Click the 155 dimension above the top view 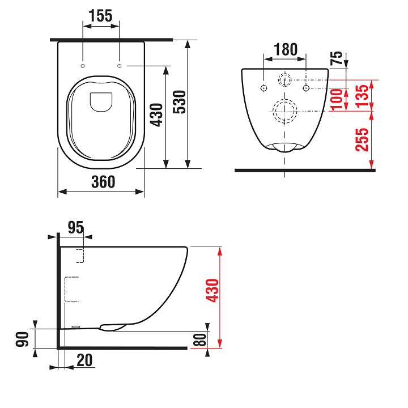101,16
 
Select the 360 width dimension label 104,182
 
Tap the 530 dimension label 180,102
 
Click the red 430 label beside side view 212,290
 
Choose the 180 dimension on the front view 285,50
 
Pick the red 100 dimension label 337,99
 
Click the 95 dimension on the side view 75,227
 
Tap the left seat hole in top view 83,66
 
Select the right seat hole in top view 120,66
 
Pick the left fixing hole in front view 263,88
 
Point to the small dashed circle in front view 284,79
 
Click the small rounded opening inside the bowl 101,101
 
